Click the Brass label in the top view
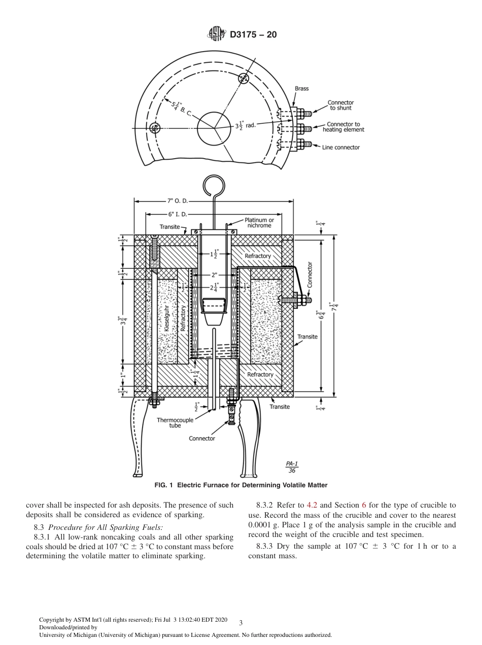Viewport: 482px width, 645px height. click(x=302, y=89)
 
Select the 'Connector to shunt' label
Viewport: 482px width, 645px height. click(x=340, y=105)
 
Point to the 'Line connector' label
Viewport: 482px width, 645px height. click(x=341, y=148)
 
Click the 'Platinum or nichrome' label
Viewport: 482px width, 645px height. click(x=259, y=223)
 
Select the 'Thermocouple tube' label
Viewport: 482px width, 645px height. click(x=175, y=423)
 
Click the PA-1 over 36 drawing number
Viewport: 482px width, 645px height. click(x=292, y=467)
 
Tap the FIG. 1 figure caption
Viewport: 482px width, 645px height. click(x=240, y=485)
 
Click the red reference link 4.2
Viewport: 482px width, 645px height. click(x=312, y=505)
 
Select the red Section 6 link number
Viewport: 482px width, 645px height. click(x=363, y=505)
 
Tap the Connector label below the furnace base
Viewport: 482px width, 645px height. click(x=202, y=438)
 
